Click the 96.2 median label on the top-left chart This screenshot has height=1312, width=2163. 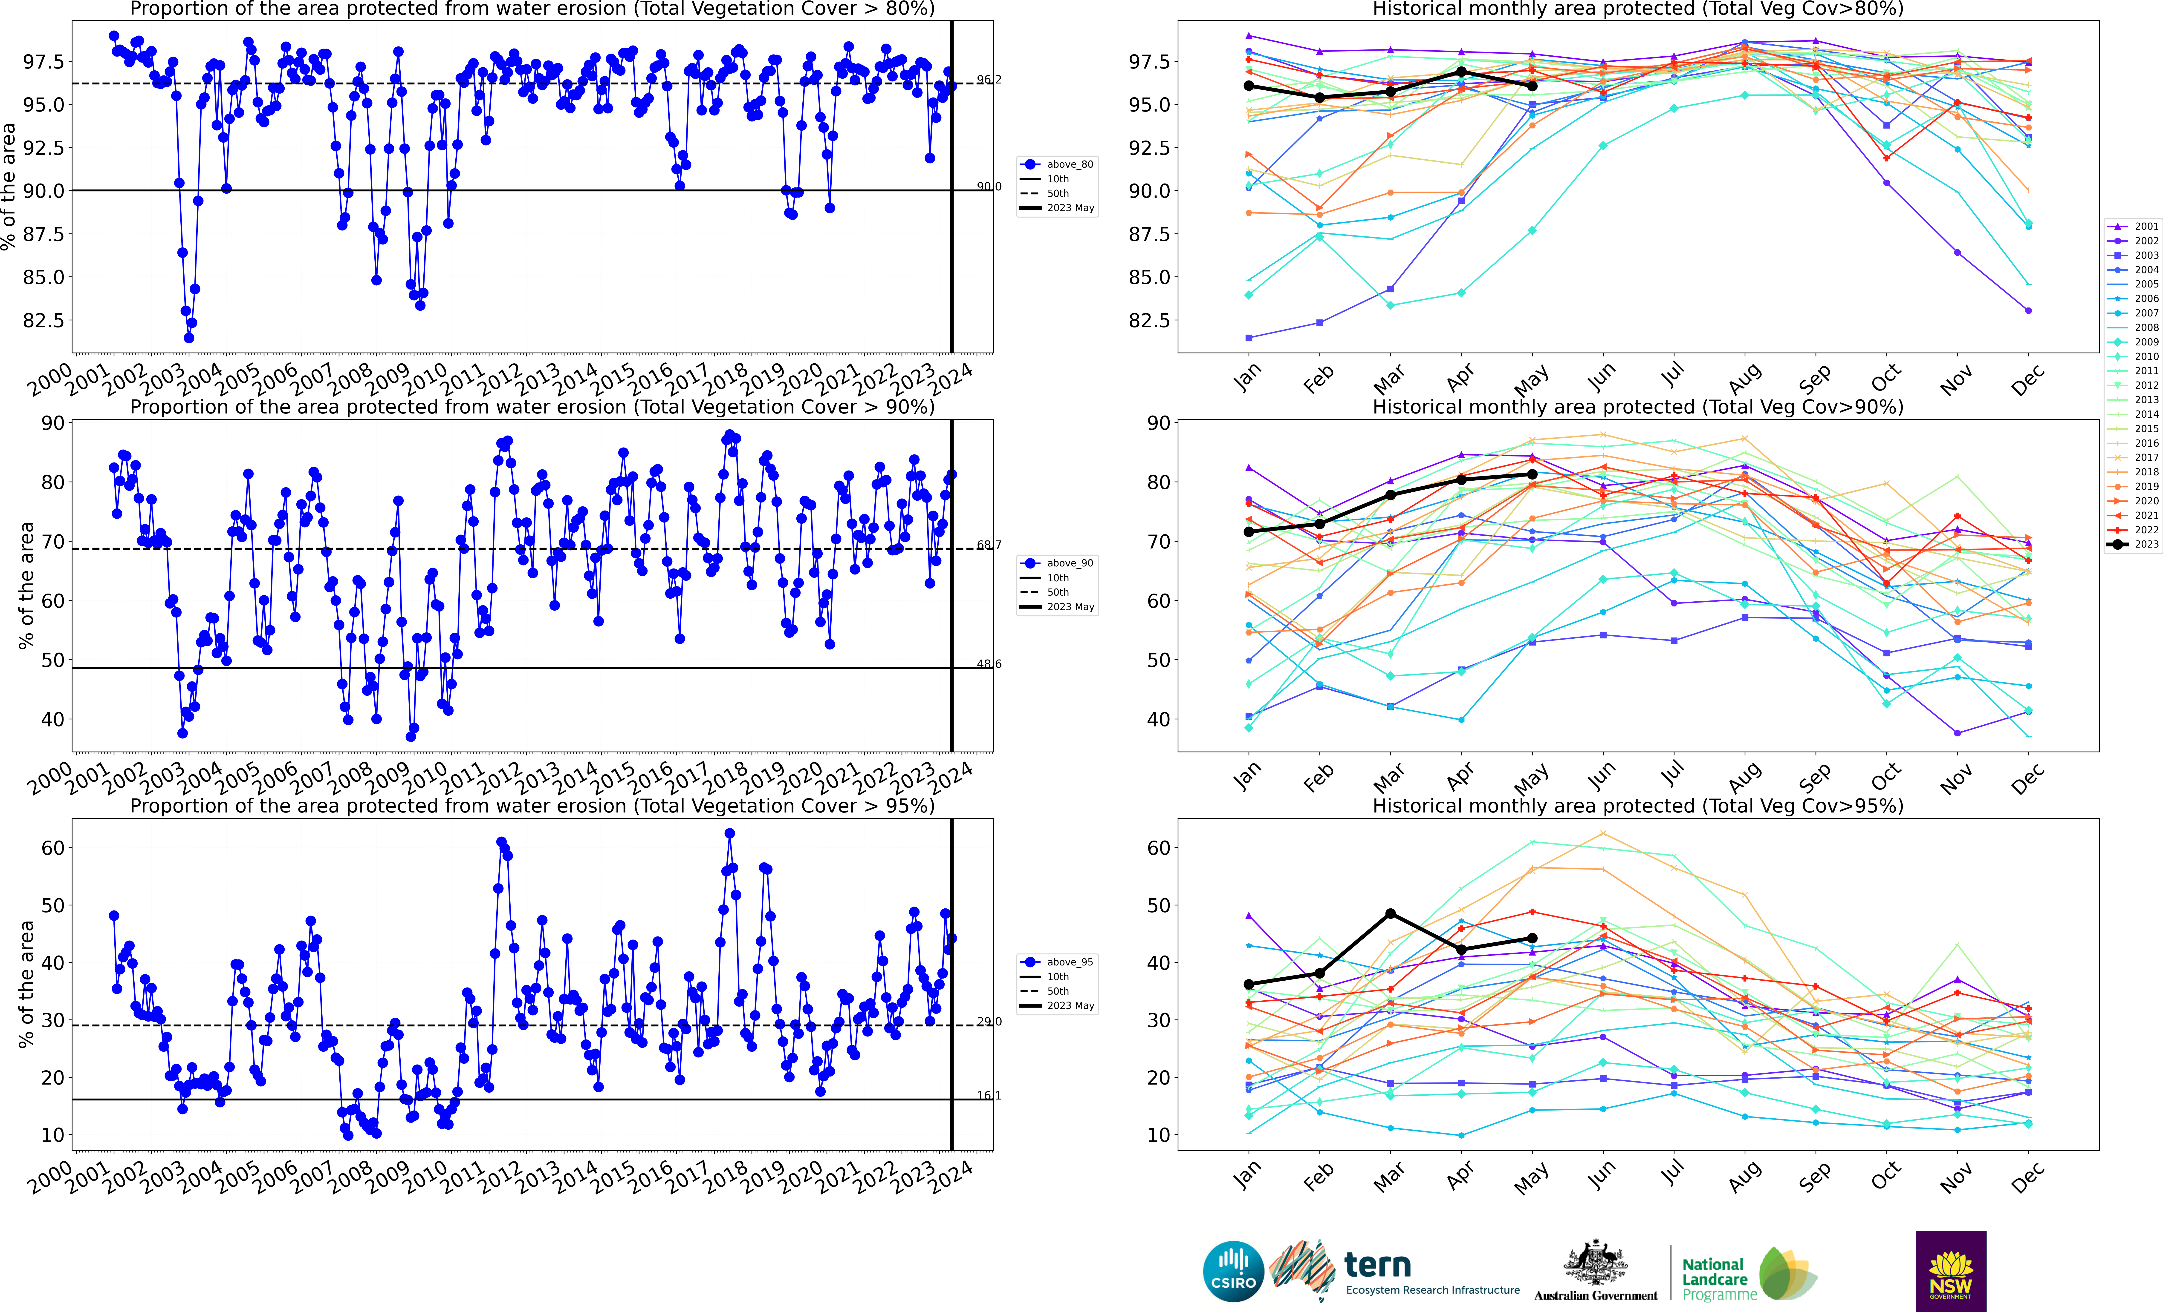click(989, 80)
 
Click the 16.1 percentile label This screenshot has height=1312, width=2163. click(989, 1095)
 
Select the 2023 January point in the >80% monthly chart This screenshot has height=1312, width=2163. click(1248, 86)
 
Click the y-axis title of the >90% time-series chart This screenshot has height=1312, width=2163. click(26, 585)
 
